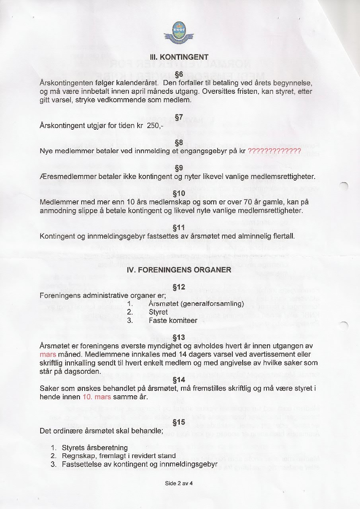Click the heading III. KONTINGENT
(178, 57)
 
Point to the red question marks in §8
(274, 151)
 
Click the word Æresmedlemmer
(65, 177)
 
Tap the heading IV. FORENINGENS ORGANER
(179, 270)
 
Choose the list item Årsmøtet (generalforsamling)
(196, 304)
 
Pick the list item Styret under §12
(158, 312)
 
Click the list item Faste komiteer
(173, 321)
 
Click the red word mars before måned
(48, 354)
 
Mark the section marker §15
(179, 422)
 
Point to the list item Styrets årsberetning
(95, 448)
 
